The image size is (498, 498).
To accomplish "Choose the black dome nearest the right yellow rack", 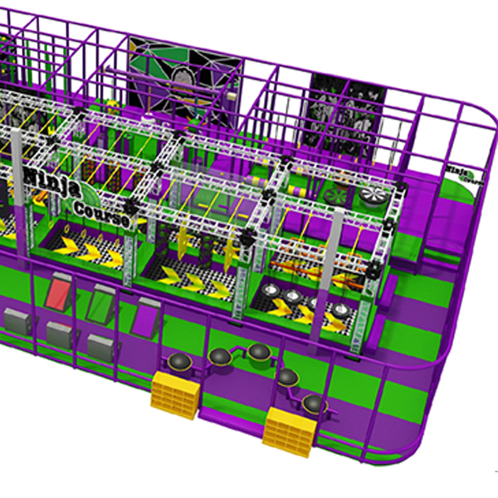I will [313, 403].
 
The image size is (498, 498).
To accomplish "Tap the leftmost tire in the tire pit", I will [272, 290].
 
